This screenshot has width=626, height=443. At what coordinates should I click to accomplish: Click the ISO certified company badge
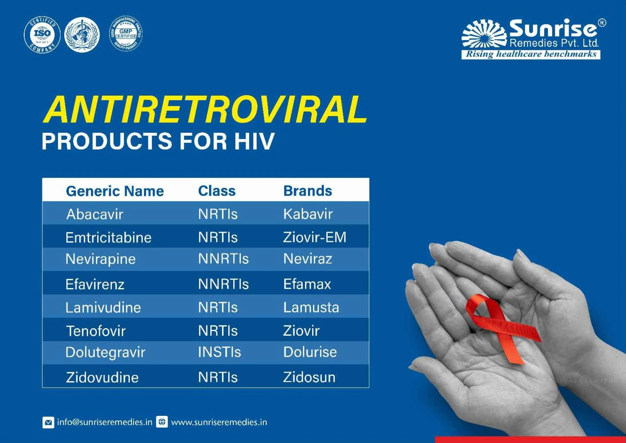(42, 35)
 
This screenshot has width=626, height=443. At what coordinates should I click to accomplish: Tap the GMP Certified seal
(126, 34)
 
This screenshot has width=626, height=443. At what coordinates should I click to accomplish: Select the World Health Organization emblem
(82, 35)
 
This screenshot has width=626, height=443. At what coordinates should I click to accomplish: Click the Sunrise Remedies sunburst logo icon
(484, 34)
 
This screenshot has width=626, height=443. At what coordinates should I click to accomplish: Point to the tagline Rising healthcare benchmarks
(531, 54)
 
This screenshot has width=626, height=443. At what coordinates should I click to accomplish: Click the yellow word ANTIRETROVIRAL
(205, 110)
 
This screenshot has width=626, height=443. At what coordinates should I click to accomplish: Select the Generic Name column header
(115, 191)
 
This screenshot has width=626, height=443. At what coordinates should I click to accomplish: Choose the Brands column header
(307, 191)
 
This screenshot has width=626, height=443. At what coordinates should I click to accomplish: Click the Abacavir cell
(95, 214)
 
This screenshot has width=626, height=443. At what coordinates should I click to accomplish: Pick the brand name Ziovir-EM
(315, 237)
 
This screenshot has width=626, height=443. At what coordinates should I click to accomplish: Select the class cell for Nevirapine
(223, 259)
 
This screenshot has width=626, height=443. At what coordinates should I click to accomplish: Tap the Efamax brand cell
(307, 284)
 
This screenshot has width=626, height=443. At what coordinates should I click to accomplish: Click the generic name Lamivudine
(103, 308)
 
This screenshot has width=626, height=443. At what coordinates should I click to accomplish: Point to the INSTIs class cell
(219, 352)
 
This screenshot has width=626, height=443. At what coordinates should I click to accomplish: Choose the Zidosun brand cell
(309, 377)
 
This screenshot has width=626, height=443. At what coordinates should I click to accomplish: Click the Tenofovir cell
(96, 331)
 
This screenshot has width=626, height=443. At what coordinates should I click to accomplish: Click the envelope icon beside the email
(48, 422)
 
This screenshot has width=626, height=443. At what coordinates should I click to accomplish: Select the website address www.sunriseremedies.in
(219, 422)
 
